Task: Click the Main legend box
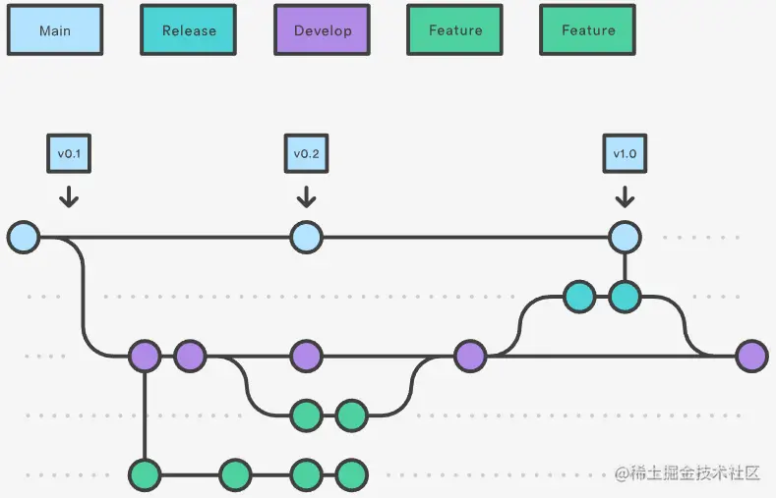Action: [55, 30]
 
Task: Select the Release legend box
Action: [189, 30]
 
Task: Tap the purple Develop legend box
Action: [323, 30]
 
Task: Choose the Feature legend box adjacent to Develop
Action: [455, 30]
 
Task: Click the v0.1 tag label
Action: [68, 154]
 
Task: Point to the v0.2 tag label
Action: [306, 154]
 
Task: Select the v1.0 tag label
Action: [625, 154]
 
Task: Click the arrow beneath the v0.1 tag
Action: [68, 196]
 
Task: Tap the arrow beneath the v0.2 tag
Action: [306, 196]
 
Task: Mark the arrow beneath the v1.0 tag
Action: [625, 196]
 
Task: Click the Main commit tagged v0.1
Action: [24, 237]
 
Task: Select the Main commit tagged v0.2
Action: [306, 237]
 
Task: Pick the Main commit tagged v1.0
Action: [625, 237]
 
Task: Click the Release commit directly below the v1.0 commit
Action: [625, 296]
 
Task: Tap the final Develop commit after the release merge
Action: [751, 356]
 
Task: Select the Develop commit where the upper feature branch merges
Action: [470, 356]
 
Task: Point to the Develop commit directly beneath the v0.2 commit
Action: [306, 356]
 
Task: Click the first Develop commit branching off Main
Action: [145, 356]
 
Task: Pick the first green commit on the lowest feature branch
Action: [145, 475]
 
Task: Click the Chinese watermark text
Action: [688, 473]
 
